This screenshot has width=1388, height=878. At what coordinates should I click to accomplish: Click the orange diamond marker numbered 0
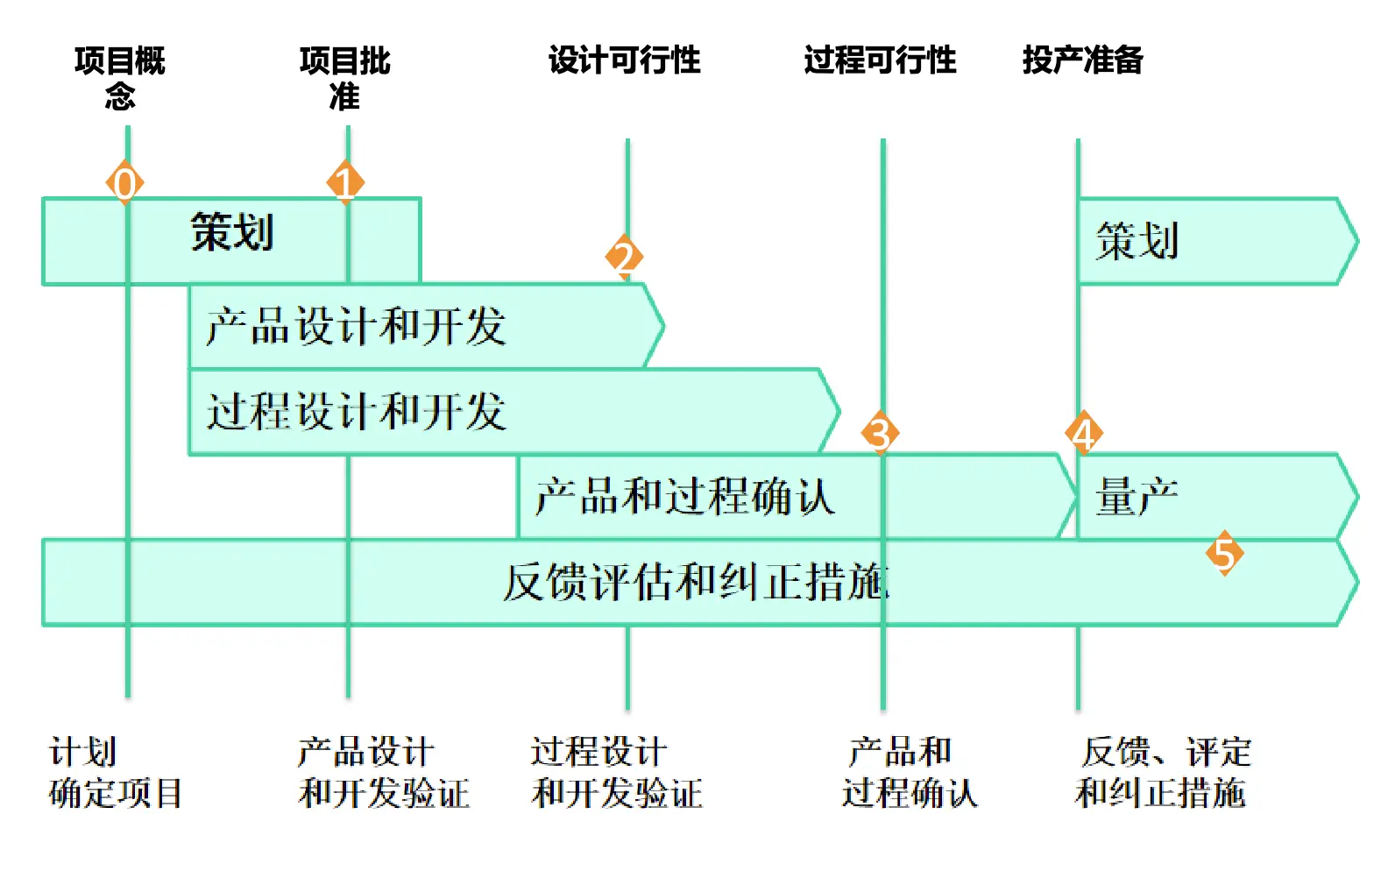[125, 183]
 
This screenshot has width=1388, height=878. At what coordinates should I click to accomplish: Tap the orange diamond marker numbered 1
[346, 182]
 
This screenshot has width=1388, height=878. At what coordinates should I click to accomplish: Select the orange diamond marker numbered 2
[624, 257]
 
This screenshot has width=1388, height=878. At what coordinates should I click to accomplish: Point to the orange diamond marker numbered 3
[880, 433]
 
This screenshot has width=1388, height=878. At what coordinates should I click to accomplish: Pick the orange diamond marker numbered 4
[1084, 433]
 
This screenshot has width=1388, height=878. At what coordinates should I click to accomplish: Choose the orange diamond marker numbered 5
[1224, 554]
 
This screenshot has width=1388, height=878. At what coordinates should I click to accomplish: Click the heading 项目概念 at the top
[120, 77]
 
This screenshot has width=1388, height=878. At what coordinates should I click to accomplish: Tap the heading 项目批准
[344, 77]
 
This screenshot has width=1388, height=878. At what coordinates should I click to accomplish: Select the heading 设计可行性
[624, 60]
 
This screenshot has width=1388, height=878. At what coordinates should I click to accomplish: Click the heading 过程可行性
[880, 60]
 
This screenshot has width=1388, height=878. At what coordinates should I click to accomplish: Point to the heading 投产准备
[1082, 60]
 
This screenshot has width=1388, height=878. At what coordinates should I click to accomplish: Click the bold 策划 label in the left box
[232, 232]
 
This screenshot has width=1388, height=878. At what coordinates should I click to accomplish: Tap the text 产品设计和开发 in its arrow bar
[356, 326]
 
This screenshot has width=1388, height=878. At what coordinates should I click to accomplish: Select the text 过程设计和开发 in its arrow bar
[356, 411]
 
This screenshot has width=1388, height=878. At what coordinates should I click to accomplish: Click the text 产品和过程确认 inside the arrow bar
[684, 496]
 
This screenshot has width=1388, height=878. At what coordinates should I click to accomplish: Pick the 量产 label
[1137, 497]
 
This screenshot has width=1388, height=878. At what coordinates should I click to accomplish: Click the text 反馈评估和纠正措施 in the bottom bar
[696, 582]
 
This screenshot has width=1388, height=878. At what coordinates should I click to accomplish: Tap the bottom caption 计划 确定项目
[115, 772]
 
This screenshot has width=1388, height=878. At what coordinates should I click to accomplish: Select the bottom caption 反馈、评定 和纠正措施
[1163, 772]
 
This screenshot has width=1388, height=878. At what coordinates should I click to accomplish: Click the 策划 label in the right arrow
[1137, 241]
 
